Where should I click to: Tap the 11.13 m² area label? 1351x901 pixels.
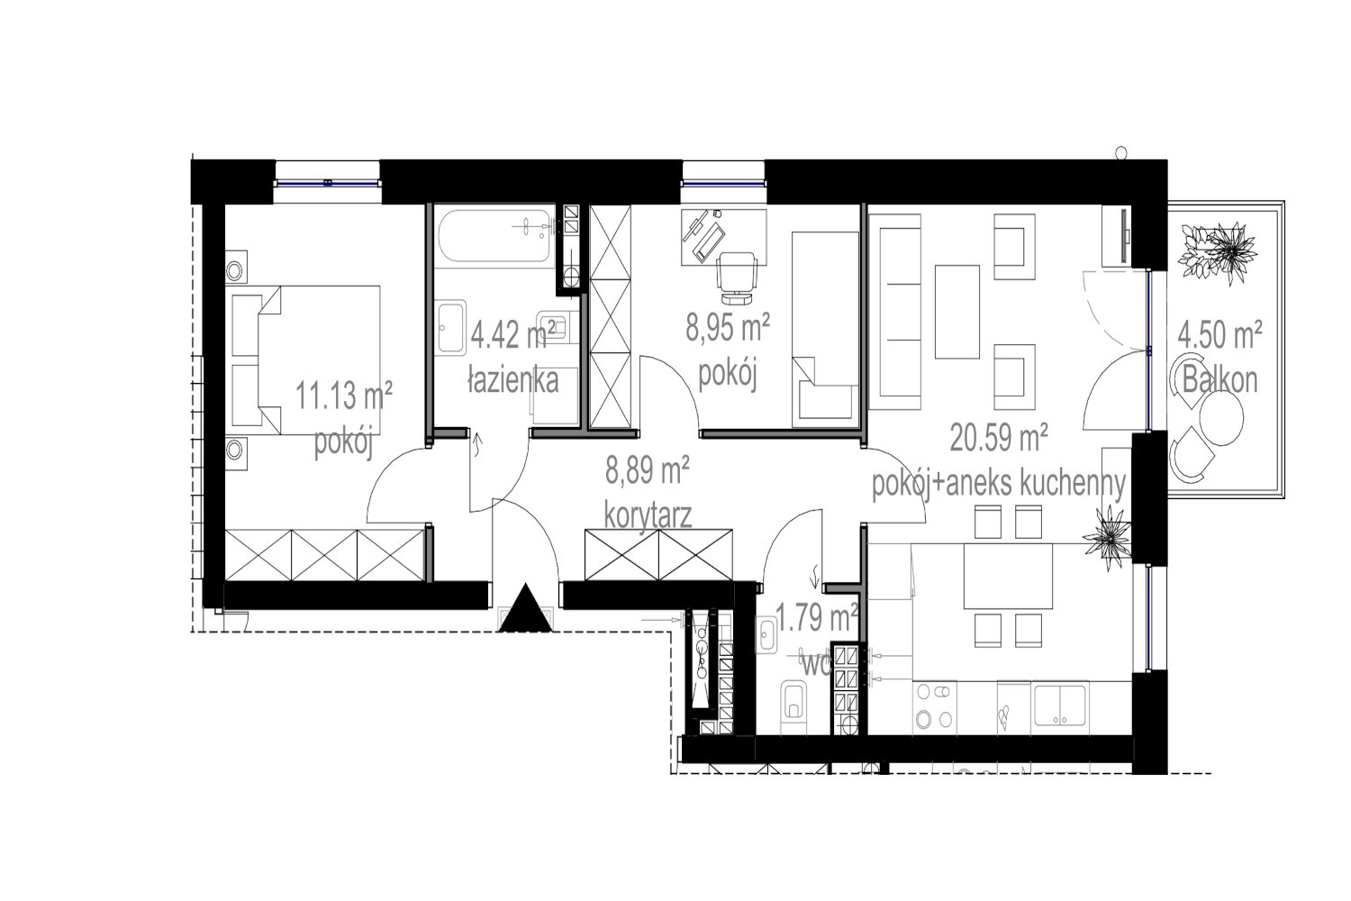(x=344, y=396)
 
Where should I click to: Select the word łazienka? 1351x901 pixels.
(x=513, y=381)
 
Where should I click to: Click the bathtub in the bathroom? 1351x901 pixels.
(x=496, y=236)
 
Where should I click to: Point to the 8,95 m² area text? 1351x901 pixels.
(x=728, y=328)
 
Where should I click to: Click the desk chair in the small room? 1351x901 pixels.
(x=737, y=278)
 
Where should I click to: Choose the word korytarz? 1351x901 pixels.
(x=648, y=517)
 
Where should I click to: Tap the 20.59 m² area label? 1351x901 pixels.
(x=998, y=438)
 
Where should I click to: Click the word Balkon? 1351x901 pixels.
(x=1220, y=380)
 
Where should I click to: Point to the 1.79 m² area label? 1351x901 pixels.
(x=817, y=619)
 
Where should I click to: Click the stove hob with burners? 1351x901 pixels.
(x=934, y=707)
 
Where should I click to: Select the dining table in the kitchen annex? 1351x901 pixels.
(x=1008, y=576)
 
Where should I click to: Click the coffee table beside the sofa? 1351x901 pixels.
(x=957, y=312)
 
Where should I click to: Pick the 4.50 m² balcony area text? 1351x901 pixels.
(x=1220, y=335)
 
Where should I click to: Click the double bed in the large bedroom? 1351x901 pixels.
(x=306, y=359)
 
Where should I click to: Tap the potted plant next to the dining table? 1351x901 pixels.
(x=1107, y=536)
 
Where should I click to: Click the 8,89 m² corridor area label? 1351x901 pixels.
(x=648, y=471)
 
